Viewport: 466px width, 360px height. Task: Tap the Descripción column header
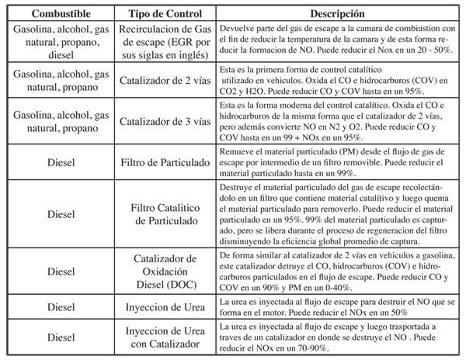pyautogui.click(x=338, y=14)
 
